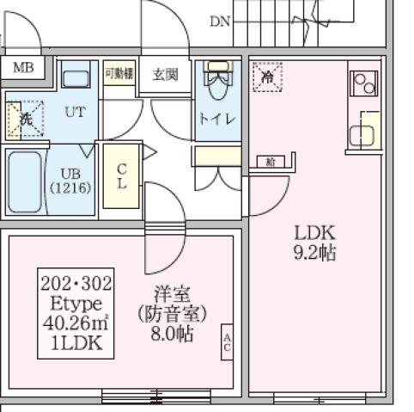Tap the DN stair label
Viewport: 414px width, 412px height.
(x=220, y=21)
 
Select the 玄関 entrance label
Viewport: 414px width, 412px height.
(x=165, y=75)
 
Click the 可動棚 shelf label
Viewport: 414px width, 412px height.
(x=119, y=73)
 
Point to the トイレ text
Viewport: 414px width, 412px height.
(x=218, y=119)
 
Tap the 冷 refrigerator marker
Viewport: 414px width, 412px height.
(x=267, y=76)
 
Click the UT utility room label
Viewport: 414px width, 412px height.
(x=75, y=112)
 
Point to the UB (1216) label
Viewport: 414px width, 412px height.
(x=70, y=179)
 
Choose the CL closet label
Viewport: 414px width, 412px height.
(x=121, y=175)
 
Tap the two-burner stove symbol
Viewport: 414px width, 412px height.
(x=364, y=83)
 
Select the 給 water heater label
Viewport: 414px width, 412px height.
(x=271, y=162)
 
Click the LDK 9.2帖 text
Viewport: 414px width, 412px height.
(x=314, y=242)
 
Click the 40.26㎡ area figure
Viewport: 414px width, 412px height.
(x=76, y=323)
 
